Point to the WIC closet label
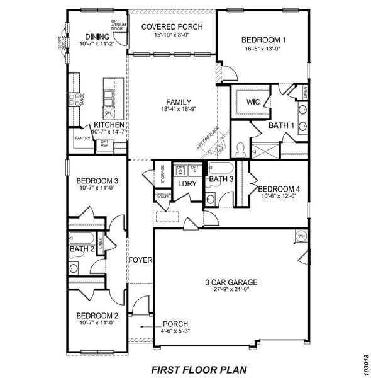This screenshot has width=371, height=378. pos(253,101)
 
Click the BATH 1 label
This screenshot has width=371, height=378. pos(282,126)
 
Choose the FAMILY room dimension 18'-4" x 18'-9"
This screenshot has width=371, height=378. pos(174,109)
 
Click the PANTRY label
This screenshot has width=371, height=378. pos(82,138)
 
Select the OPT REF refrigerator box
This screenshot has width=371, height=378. pos(104,144)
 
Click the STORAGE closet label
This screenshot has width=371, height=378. pos(162,173)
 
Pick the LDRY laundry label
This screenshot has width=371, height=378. pos(187,184)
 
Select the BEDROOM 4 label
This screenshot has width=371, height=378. pos(279,188)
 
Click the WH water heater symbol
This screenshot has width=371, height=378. pos(301,236)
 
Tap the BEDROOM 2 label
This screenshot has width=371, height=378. pos(97,316)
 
